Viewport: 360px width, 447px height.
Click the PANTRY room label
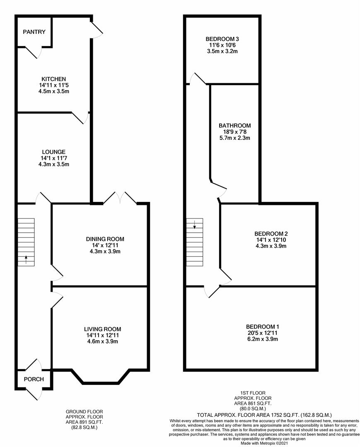(34, 32)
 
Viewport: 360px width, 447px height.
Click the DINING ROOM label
(105, 239)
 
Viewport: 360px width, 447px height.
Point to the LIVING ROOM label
(105, 329)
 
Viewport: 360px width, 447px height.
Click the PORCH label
(34, 379)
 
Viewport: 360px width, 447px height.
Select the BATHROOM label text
(234, 126)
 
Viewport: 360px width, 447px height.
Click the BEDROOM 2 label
(271, 233)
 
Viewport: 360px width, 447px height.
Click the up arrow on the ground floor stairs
(26, 260)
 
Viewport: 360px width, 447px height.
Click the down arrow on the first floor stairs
(194, 225)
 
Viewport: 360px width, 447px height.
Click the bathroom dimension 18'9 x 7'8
(234, 132)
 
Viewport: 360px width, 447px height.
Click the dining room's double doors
(120, 198)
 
